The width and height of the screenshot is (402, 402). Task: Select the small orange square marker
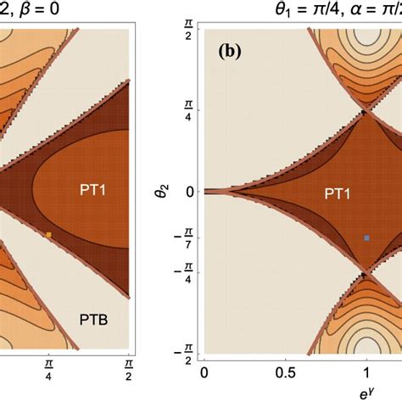49,234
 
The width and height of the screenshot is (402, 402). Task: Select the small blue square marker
366,238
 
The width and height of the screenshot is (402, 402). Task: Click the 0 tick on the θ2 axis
187,191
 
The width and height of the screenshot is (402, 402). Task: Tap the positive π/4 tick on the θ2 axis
187,109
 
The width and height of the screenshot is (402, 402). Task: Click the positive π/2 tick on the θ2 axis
187,29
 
